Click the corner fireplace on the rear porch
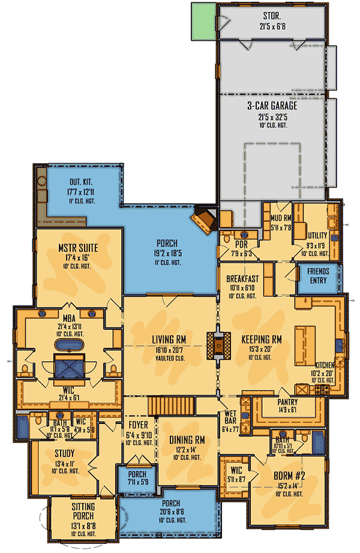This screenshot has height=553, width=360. tap(205, 219)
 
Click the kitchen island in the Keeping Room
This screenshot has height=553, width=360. tap(305, 340)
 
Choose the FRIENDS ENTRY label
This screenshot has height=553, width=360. tap(318, 275)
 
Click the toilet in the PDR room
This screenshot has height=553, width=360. tap(226, 239)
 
